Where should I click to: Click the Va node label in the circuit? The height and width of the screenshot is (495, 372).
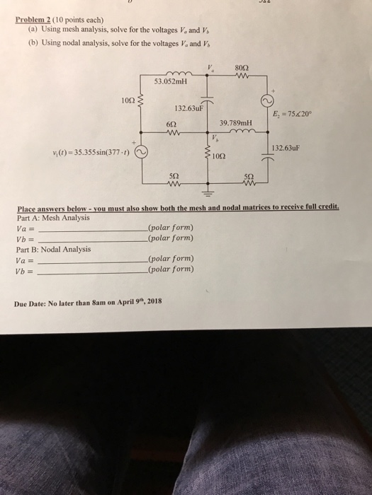click(x=210, y=69)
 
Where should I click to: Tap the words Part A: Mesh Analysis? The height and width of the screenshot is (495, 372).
click(x=52, y=219)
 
